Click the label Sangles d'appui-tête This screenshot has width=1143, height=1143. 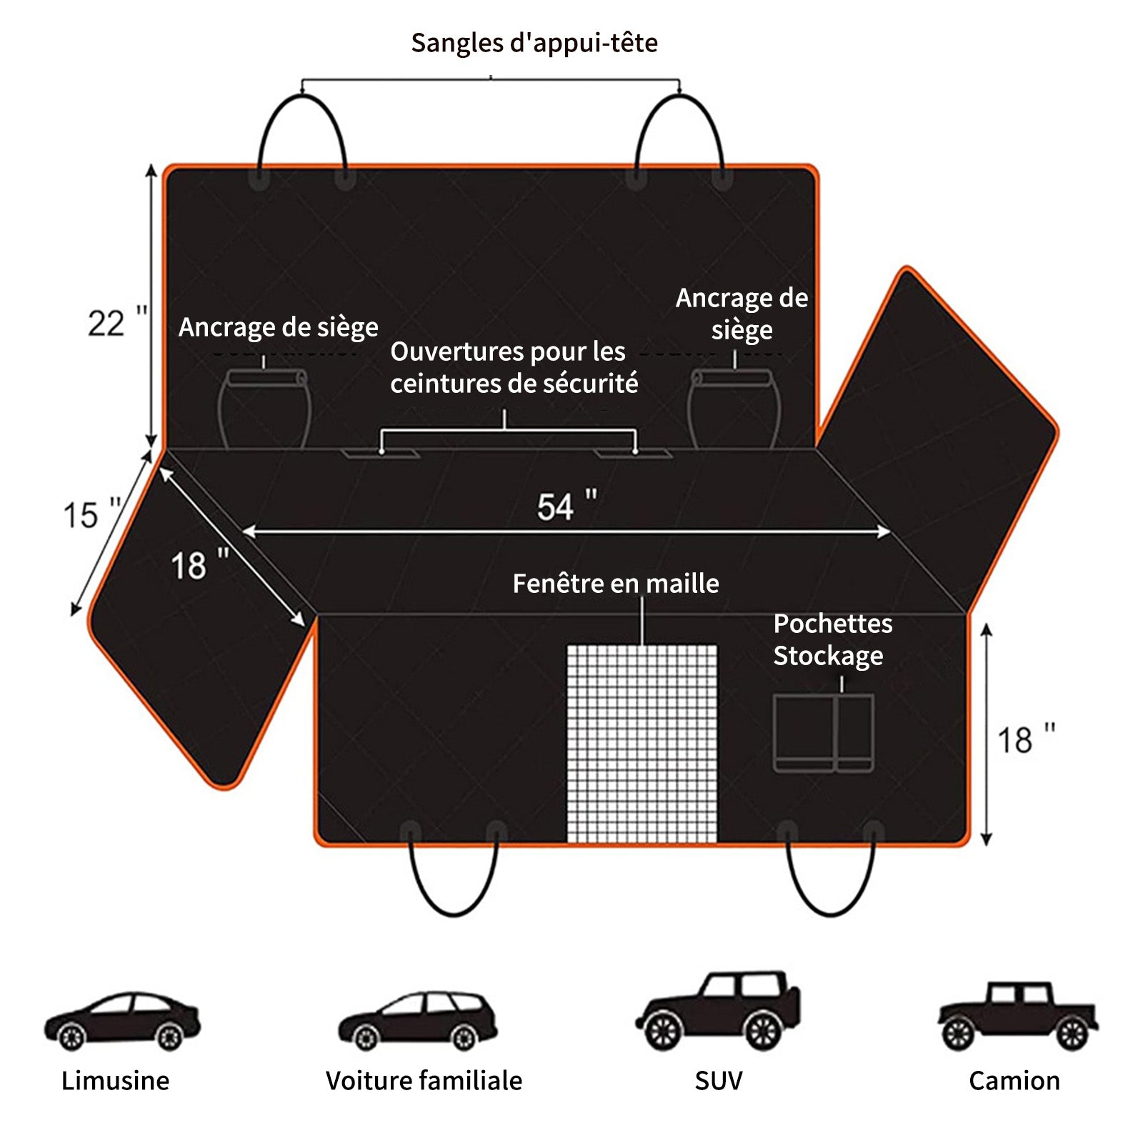coord(534,43)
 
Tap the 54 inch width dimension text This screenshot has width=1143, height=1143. coord(566,506)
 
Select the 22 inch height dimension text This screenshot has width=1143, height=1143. coord(117,322)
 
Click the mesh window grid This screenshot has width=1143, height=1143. coord(642,743)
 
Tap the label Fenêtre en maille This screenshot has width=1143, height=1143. coord(616,584)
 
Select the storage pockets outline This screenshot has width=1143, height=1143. coord(823,733)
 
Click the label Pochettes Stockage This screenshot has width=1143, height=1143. coord(832,639)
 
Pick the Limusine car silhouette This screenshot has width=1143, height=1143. coord(122,1021)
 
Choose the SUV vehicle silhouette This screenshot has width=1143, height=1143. coord(718,1011)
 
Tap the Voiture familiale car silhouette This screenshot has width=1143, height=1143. coord(418,1021)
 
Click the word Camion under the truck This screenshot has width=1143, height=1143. coord(1014,1081)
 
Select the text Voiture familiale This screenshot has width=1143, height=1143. coord(424,1081)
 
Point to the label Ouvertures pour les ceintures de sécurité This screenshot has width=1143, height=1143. coord(514,367)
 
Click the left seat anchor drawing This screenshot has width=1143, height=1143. coord(264,409)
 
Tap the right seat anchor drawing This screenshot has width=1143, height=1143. coord(733,409)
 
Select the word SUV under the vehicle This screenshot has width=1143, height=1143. coord(718,1081)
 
